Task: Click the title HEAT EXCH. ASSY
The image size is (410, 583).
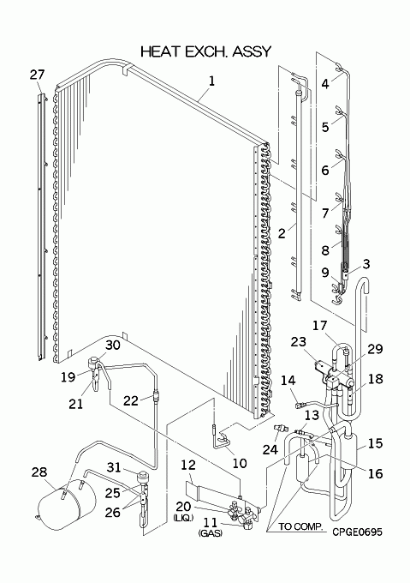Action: point(206,51)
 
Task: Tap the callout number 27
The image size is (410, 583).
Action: point(37,75)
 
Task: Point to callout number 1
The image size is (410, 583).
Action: point(211,81)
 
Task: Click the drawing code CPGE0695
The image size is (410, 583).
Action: point(357,532)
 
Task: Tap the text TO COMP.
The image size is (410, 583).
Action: point(301,527)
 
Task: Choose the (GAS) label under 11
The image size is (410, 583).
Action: point(211,533)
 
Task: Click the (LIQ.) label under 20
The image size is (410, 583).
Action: point(183,518)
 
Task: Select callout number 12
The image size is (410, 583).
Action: point(188,466)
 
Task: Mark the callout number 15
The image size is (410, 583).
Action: point(375,443)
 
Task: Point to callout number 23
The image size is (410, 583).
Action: point(299,342)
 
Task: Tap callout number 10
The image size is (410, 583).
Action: point(240,463)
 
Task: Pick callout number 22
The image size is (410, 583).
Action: point(131,400)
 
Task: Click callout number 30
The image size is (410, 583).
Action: point(113,345)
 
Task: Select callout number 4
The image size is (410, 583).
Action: point(325,84)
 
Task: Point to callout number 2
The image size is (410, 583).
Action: point(282,233)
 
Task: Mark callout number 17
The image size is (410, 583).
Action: point(319,326)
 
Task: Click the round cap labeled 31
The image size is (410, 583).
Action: point(142,476)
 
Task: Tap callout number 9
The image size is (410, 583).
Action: point(325,273)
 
